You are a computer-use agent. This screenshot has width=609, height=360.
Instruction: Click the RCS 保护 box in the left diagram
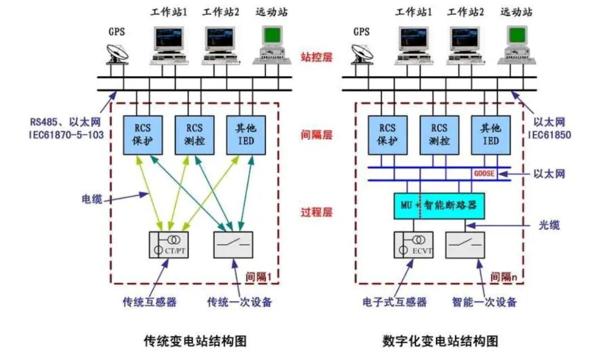pyautogui.click(x=142, y=134)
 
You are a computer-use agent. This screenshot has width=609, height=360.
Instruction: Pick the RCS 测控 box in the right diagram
pyautogui.click(x=438, y=134)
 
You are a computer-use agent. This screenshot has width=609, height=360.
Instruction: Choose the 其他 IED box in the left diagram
pyautogui.click(x=246, y=134)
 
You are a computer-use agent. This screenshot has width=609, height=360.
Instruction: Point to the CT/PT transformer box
pyautogui.click(x=169, y=245)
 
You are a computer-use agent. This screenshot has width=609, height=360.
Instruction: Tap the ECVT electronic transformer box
pyautogui.click(x=413, y=245)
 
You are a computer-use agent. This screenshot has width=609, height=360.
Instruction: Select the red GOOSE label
pyautogui.click(x=484, y=174)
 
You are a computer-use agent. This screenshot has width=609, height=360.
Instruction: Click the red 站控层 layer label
pyautogui.click(x=316, y=57)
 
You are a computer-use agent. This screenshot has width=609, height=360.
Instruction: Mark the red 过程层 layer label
pyautogui.click(x=316, y=213)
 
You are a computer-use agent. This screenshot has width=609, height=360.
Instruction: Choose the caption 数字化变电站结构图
pyautogui.click(x=440, y=341)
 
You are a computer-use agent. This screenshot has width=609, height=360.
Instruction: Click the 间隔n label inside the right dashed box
pyautogui.click(x=504, y=276)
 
